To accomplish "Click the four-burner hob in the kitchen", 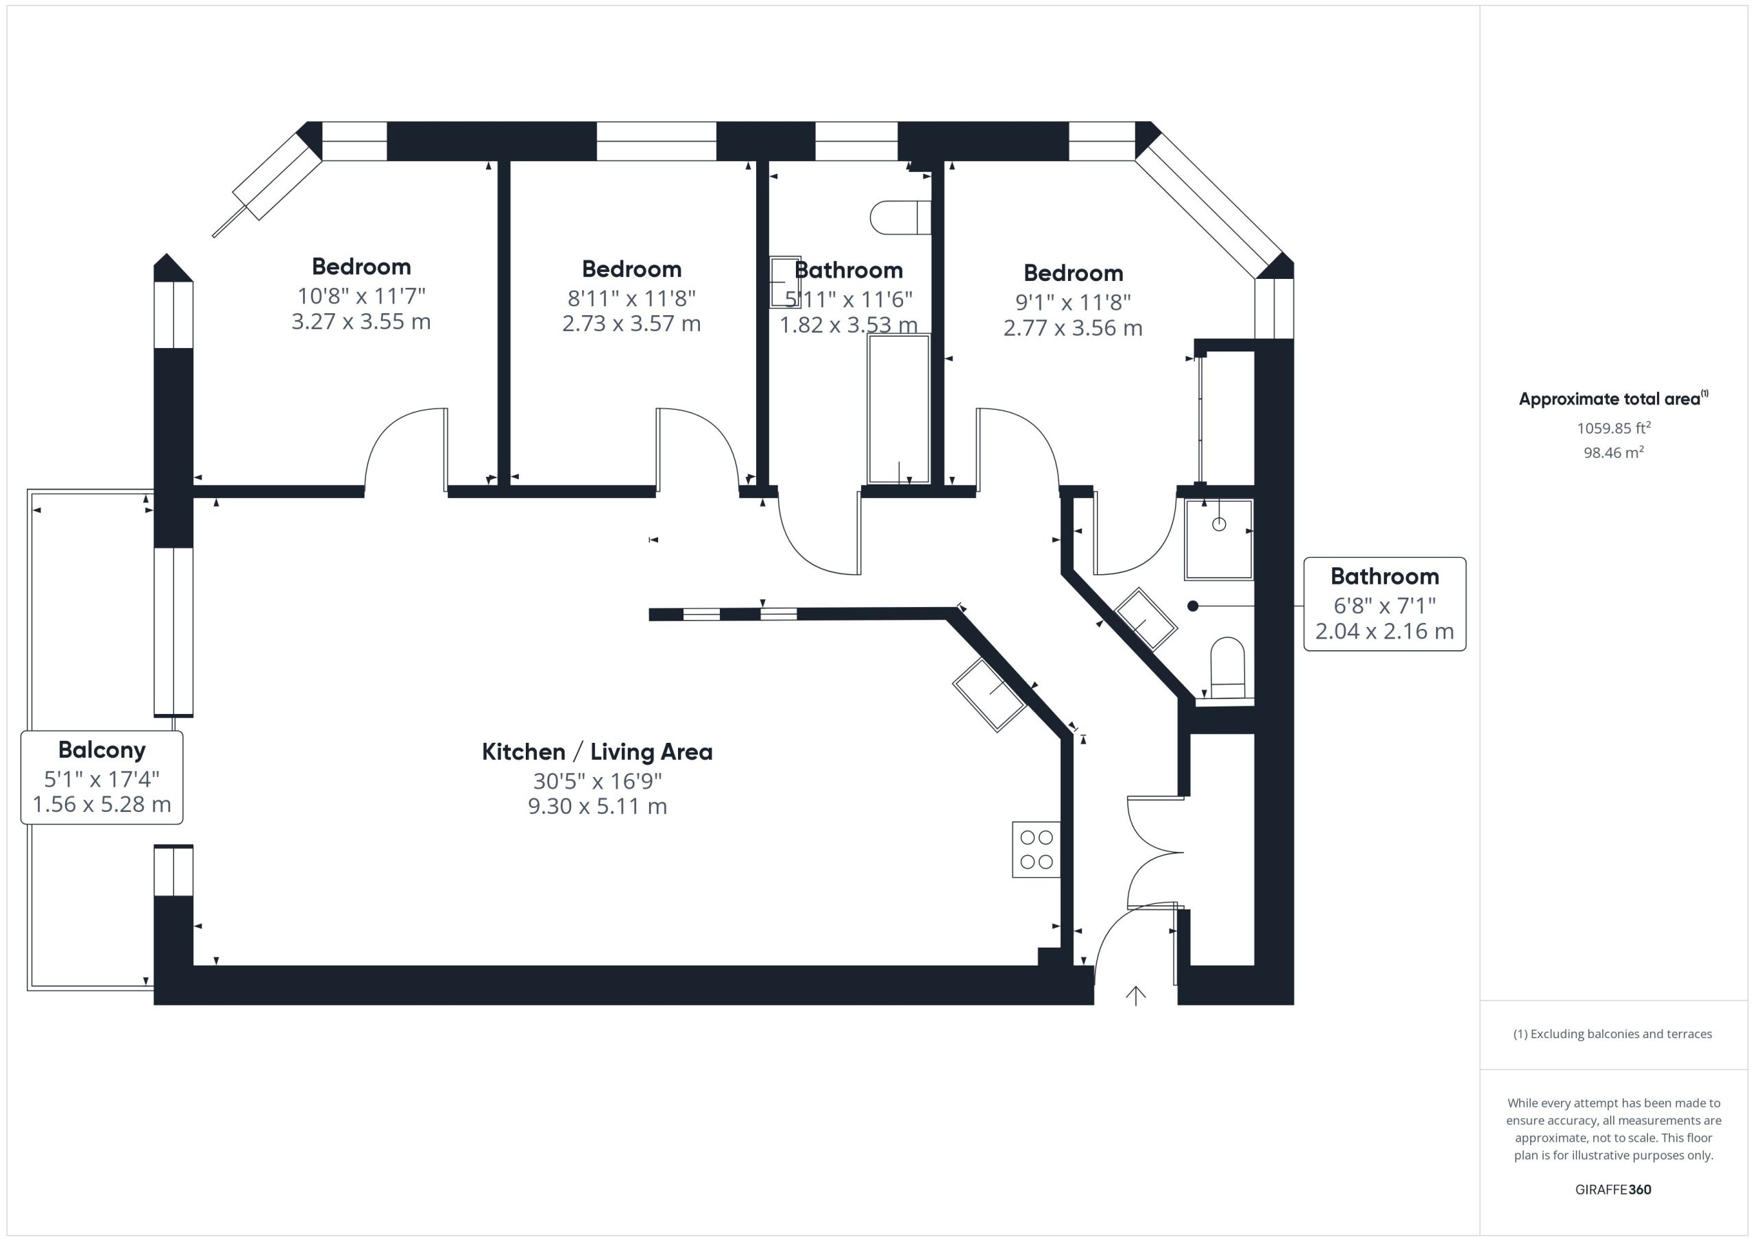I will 1036,849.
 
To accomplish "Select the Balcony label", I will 101,750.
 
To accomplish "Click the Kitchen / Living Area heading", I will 597,752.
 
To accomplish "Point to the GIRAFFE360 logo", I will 1613,1189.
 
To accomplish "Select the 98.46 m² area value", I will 1613,452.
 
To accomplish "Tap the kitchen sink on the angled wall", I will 989,695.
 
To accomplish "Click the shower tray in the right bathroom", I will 1218,539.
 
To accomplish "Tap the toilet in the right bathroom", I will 1228,668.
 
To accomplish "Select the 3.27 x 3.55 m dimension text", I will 361,321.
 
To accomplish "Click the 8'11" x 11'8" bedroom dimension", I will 631,297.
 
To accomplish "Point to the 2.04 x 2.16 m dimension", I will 1384,631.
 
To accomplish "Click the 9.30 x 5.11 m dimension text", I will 597,806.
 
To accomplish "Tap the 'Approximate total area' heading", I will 1610,399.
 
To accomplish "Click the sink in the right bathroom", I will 1146,618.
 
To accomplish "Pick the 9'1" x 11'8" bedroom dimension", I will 1072,302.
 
